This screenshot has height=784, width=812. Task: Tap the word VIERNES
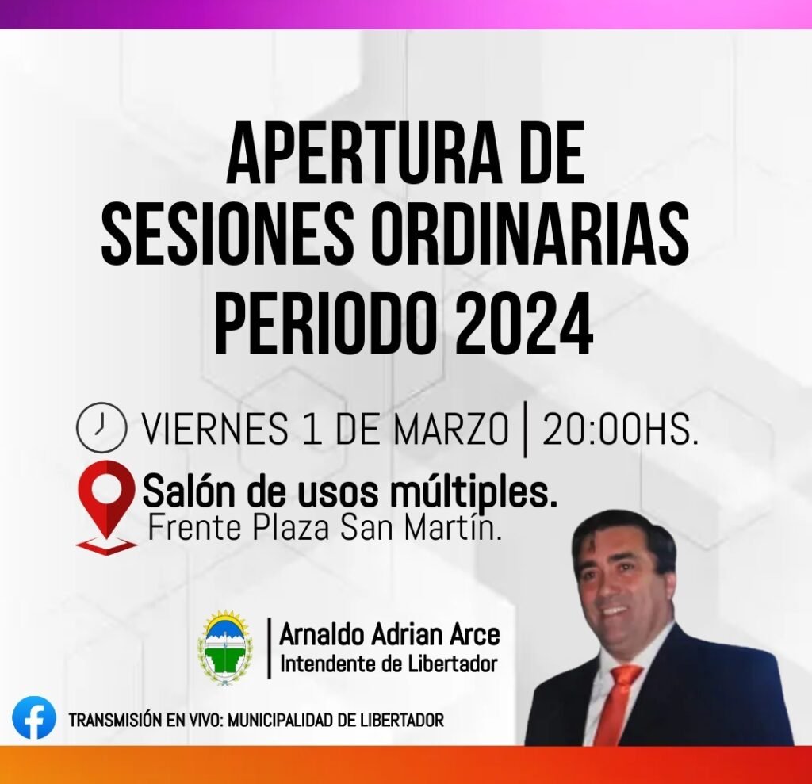coord(215,430)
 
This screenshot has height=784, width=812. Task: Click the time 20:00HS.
coord(620,430)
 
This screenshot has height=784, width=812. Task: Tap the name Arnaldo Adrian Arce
coord(389,635)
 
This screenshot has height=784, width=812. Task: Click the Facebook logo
coord(34,717)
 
